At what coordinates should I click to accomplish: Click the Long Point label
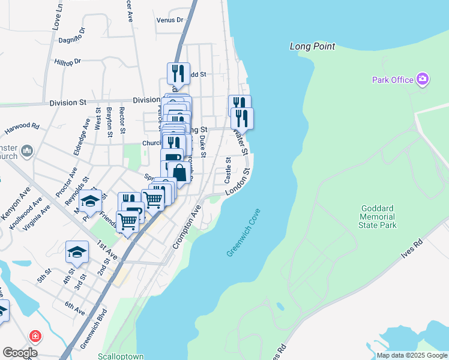[312, 46]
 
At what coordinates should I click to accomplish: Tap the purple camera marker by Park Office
[423, 79]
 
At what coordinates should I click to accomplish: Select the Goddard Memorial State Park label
[378, 217]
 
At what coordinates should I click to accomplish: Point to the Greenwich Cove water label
[243, 233]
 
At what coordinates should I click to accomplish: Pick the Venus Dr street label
[169, 20]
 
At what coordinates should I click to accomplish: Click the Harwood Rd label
[22, 127]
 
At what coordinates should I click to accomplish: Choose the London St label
[237, 185]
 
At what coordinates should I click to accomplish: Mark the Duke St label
[202, 146]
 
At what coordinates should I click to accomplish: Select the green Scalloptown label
[121, 356]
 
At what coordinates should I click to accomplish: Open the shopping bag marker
[179, 172]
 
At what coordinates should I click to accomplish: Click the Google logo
[20, 352]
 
